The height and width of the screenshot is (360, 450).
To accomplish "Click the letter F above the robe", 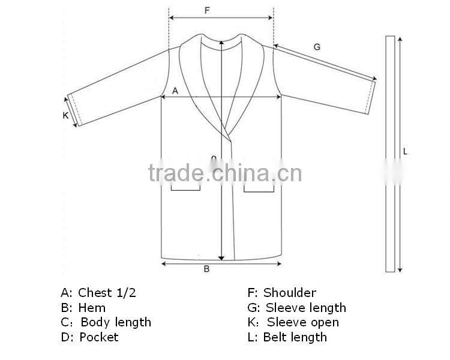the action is tap(207, 10).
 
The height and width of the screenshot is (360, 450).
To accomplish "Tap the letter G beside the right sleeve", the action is tap(317, 47).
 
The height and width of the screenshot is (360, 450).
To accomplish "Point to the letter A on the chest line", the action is tap(175, 91).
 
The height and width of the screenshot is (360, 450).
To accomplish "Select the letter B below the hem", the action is tap(206, 269).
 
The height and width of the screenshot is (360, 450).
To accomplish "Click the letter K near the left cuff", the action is tap(65, 116).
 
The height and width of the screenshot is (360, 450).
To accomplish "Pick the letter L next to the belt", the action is tap(405, 152).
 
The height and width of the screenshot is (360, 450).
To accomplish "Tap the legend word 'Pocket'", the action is tap(99, 337).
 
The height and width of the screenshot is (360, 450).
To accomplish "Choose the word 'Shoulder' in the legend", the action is tap(289, 293).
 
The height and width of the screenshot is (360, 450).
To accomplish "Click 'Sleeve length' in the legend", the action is tap(305, 308).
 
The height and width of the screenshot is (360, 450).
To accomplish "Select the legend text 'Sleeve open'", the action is tap(302, 322).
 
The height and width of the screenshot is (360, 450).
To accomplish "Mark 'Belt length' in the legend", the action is tap(295, 337).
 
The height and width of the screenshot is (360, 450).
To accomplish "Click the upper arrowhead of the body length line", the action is tap(222, 41).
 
